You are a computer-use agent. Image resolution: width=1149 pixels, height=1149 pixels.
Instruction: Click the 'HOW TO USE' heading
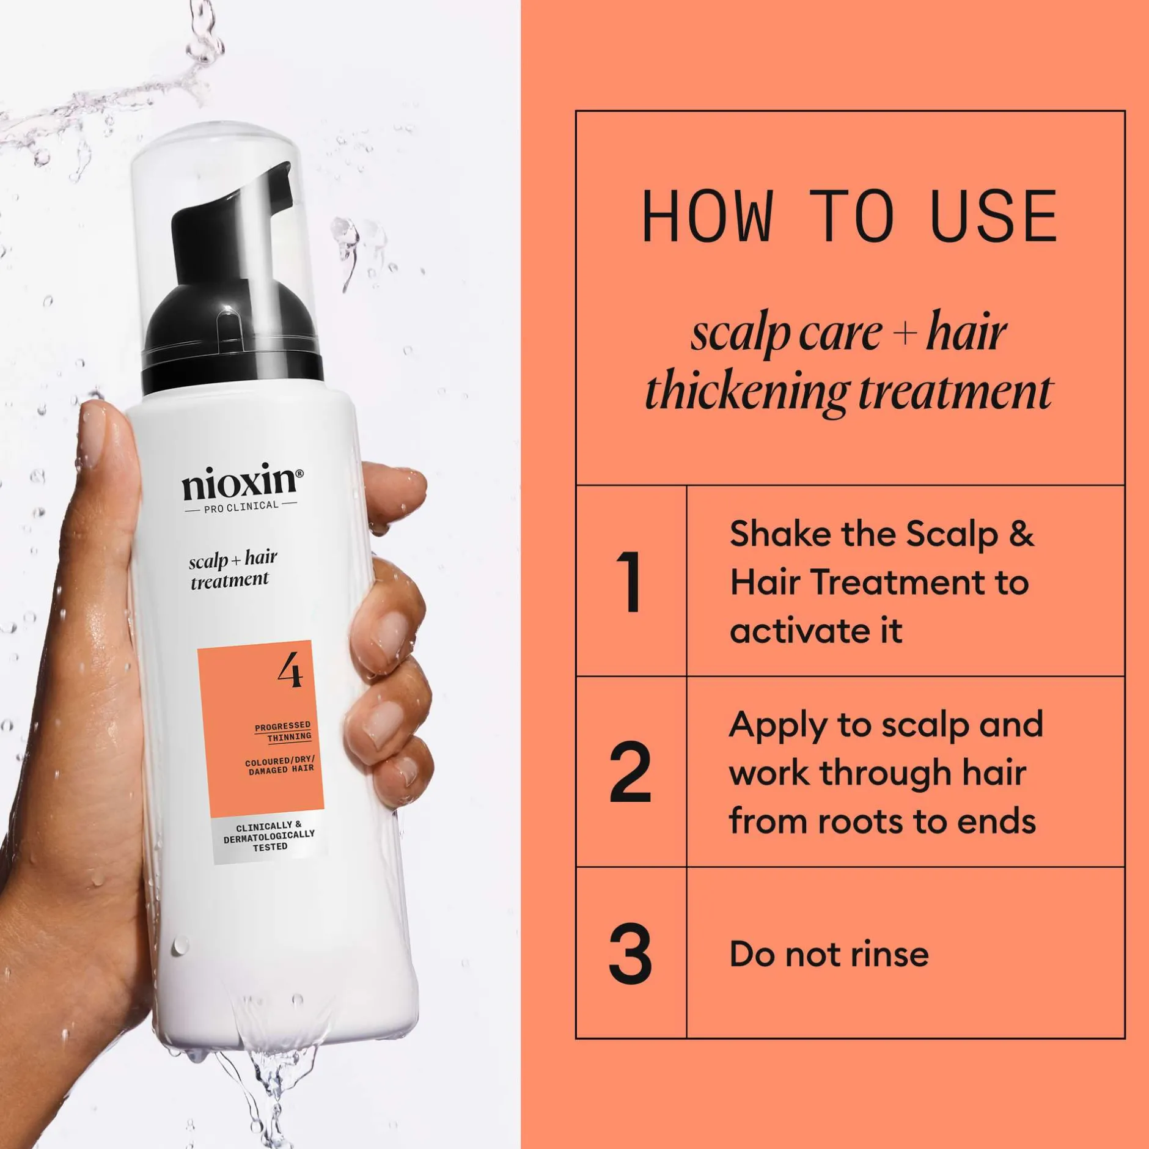[x=850, y=216]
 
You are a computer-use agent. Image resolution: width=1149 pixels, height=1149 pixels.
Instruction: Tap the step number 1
[x=630, y=581]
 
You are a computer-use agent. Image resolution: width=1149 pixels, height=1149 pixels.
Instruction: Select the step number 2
[x=630, y=772]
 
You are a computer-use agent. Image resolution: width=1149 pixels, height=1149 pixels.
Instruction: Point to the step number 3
[x=630, y=954]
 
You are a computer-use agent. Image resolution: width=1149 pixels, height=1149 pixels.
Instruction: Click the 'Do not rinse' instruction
[x=829, y=954]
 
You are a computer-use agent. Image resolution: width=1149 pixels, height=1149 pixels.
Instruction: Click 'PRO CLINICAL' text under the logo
[x=241, y=506]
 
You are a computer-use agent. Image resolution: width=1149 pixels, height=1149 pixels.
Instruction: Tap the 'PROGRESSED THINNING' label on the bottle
[x=283, y=731]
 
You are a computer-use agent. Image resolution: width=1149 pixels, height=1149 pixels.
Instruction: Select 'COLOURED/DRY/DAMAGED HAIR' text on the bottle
[x=280, y=765]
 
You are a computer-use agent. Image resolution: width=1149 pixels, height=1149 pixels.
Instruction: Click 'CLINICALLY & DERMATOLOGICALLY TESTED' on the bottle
[x=270, y=836]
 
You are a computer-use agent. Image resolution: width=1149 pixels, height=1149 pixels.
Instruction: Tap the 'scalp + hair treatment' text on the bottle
[x=233, y=570]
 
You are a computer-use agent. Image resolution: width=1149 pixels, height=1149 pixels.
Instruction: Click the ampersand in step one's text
[x=1021, y=534]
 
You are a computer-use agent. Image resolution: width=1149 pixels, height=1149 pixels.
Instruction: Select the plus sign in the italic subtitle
[x=905, y=335]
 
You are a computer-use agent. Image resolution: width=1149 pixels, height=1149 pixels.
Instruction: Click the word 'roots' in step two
[x=861, y=822]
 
